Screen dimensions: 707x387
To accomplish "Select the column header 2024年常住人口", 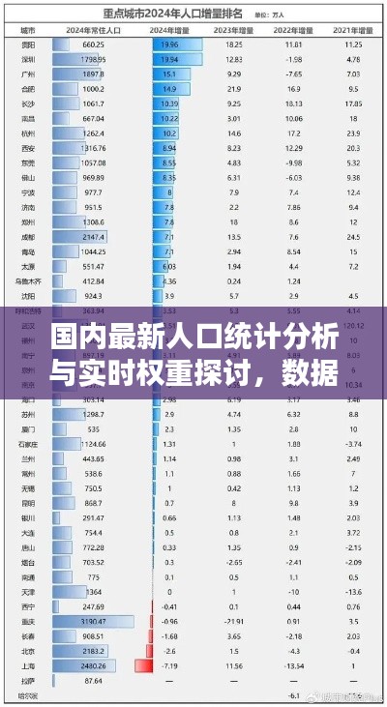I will pyautogui.click(x=93, y=31).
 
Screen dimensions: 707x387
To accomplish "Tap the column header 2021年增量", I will pyautogui.click(x=352, y=31).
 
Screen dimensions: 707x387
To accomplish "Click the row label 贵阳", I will pyautogui.click(x=28, y=44).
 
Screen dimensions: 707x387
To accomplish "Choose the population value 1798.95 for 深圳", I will pyautogui.click(x=94, y=59).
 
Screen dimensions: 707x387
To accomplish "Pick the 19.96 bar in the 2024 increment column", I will pyautogui.click(x=176, y=44).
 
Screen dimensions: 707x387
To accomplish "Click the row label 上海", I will pyautogui.click(x=28, y=665).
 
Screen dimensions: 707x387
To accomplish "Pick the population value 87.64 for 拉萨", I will pyautogui.click(x=93, y=680).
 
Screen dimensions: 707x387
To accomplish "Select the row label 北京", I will pyautogui.click(x=28, y=652).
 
